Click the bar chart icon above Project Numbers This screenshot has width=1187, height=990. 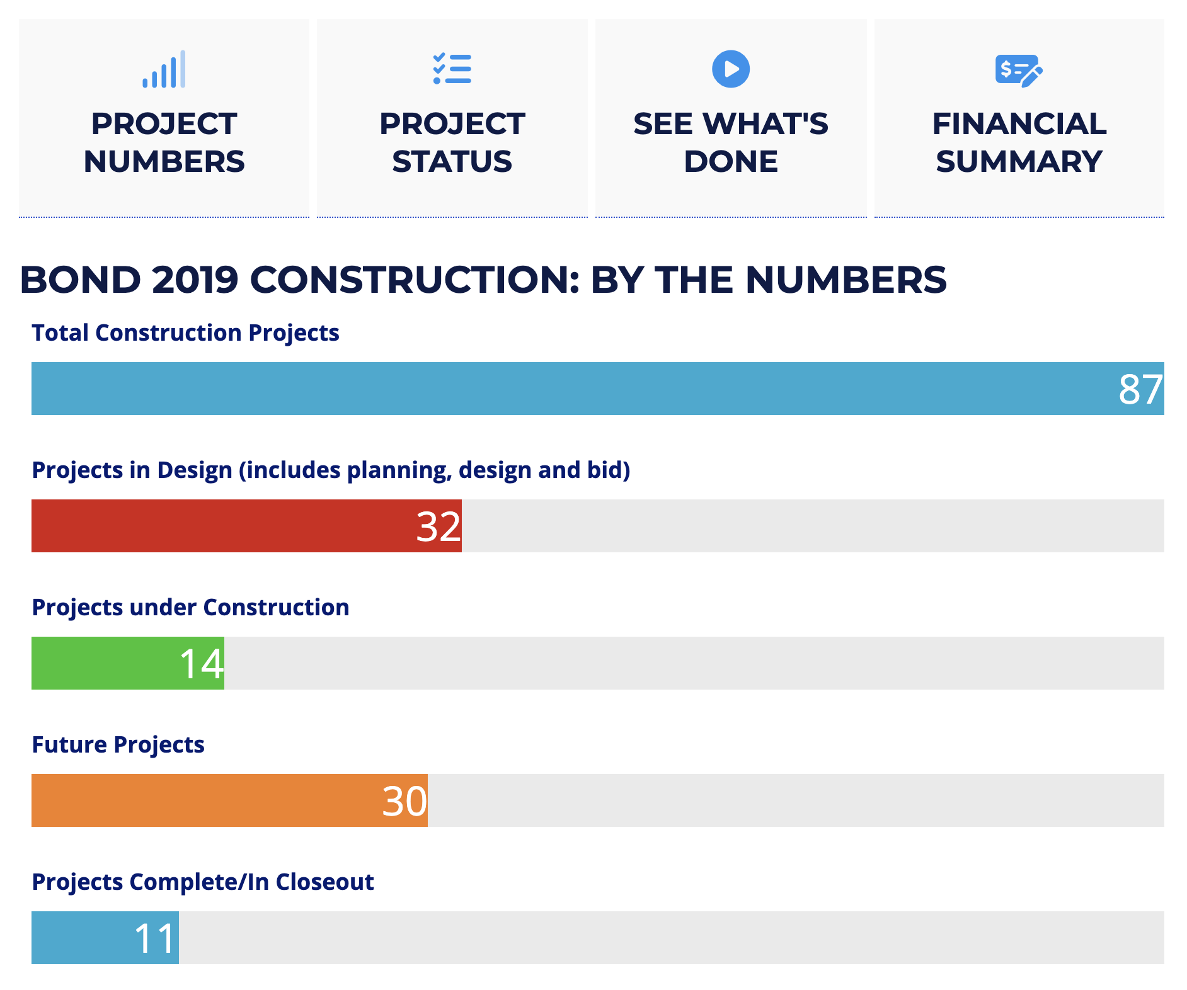164,69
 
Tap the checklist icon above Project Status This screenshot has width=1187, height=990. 452,69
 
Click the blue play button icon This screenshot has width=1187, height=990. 731,69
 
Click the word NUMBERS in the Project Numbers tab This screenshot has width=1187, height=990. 164,162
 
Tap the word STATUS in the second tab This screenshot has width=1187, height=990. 452,162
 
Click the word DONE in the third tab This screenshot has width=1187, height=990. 731,162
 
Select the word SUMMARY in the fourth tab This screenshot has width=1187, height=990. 1019,162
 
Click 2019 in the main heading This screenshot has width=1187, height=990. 195,280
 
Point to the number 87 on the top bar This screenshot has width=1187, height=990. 1140,389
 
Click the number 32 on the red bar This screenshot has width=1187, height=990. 439,526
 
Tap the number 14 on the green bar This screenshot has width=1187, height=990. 202,664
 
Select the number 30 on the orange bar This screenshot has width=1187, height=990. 404,801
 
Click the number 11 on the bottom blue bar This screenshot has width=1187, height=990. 155,938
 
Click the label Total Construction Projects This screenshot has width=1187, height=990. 185,333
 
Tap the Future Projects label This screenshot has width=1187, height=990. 118,744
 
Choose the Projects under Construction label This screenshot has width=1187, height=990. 190,607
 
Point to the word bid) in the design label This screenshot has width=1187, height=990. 609,470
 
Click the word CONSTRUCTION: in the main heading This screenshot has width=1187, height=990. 414,280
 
